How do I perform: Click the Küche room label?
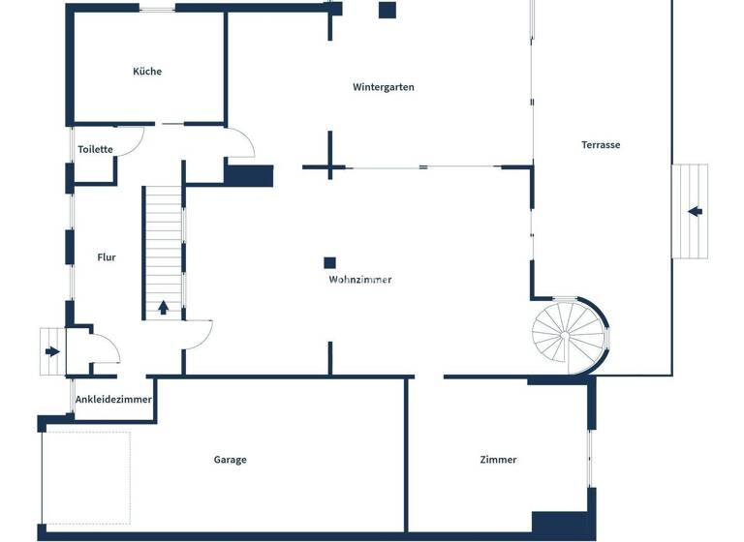[x=147, y=72]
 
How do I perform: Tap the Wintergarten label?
[x=384, y=87]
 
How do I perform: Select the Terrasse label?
[x=601, y=145]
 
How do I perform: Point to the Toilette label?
[x=96, y=150]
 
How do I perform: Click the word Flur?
[x=107, y=257]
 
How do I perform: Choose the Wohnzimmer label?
[x=360, y=280]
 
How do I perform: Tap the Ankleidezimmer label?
[x=113, y=400]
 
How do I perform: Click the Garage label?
[x=231, y=460]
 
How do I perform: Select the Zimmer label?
[x=498, y=460]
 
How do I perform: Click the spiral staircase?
[x=568, y=335]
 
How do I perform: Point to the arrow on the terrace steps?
[x=695, y=211]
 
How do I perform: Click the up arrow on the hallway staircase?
[x=163, y=308]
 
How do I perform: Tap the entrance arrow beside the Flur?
[x=51, y=351]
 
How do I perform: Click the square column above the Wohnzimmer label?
[x=330, y=262]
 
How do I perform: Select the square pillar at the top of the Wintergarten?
[x=387, y=11]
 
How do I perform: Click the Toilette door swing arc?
[x=137, y=138]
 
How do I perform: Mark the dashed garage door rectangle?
[x=86, y=479]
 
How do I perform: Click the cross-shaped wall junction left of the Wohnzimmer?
[x=329, y=168]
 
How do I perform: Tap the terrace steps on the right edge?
[x=690, y=211]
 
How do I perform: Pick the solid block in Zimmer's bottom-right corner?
[x=560, y=524]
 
